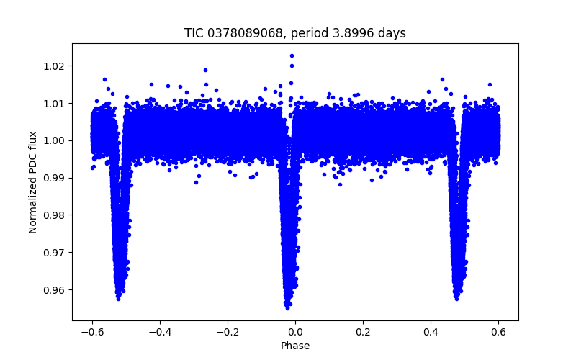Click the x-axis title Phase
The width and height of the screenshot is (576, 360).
pos(295,346)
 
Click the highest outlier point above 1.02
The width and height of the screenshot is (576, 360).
pos(292,55)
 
